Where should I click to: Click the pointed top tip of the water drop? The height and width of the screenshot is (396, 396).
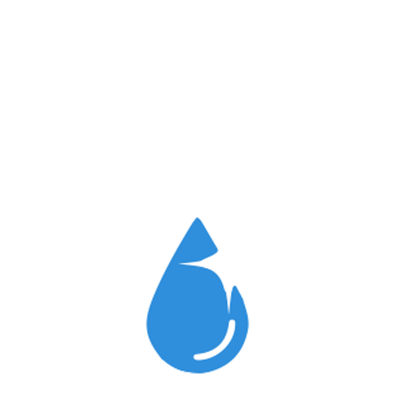pos(197,218)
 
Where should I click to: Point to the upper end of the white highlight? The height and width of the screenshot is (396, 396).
pos(232,322)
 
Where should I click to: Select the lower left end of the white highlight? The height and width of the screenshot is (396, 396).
pos(196,357)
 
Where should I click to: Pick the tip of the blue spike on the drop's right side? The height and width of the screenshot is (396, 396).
pos(235,287)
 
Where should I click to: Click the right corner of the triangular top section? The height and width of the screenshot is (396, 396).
pos(217,250)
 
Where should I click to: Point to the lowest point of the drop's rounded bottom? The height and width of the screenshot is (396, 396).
pos(197,373)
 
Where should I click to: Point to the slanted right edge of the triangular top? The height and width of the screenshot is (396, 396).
pos(207,234)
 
